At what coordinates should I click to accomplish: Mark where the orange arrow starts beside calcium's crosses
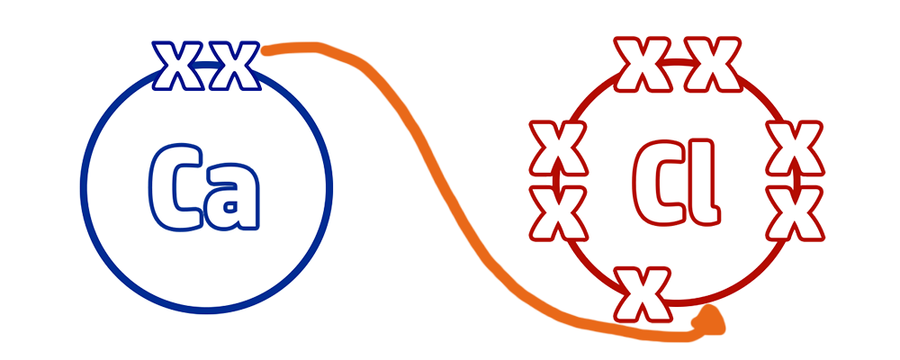265,51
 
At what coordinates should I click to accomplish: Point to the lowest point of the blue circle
206,310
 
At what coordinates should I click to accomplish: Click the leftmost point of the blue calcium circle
83,188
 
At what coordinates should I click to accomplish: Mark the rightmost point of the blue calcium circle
329,188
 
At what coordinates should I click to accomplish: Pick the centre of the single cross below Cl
643,294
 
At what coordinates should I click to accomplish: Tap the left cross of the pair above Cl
643,64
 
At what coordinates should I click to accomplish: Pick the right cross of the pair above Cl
713,64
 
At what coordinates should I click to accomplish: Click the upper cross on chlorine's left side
558,148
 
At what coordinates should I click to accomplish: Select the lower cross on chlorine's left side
558,212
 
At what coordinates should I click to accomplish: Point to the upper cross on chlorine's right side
795,148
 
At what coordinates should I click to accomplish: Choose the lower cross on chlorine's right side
795,212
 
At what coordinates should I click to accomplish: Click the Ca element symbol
203,187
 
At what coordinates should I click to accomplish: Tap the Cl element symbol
677,182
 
